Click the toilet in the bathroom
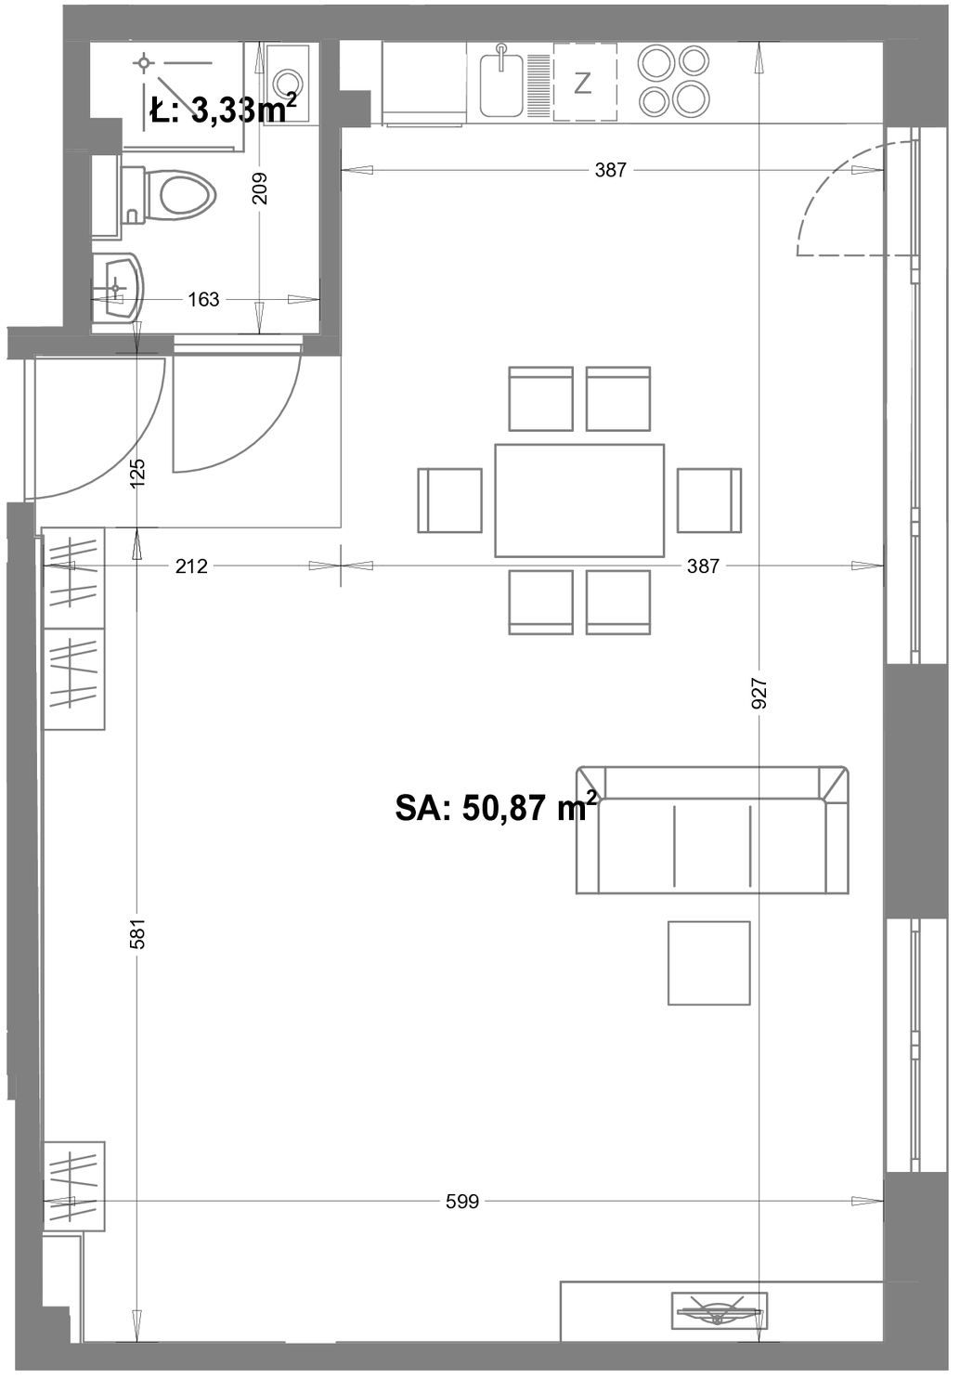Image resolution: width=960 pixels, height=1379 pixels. [168, 195]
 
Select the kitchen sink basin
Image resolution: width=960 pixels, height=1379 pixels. [501, 85]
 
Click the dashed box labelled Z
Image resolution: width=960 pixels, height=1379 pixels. [585, 82]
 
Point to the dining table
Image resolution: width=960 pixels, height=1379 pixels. [579, 501]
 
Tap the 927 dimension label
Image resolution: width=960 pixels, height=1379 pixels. [760, 693]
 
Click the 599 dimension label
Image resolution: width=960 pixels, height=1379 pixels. [462, 1201]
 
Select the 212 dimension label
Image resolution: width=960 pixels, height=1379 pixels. [191, 566]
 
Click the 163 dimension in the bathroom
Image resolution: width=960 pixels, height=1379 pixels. [203, 299]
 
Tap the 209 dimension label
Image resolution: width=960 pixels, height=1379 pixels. [260, 188]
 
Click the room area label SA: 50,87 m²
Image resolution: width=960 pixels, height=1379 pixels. [496, 807]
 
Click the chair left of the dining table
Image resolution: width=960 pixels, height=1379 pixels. [450, 501]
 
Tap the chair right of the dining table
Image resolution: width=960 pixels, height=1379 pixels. [709, 501]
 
